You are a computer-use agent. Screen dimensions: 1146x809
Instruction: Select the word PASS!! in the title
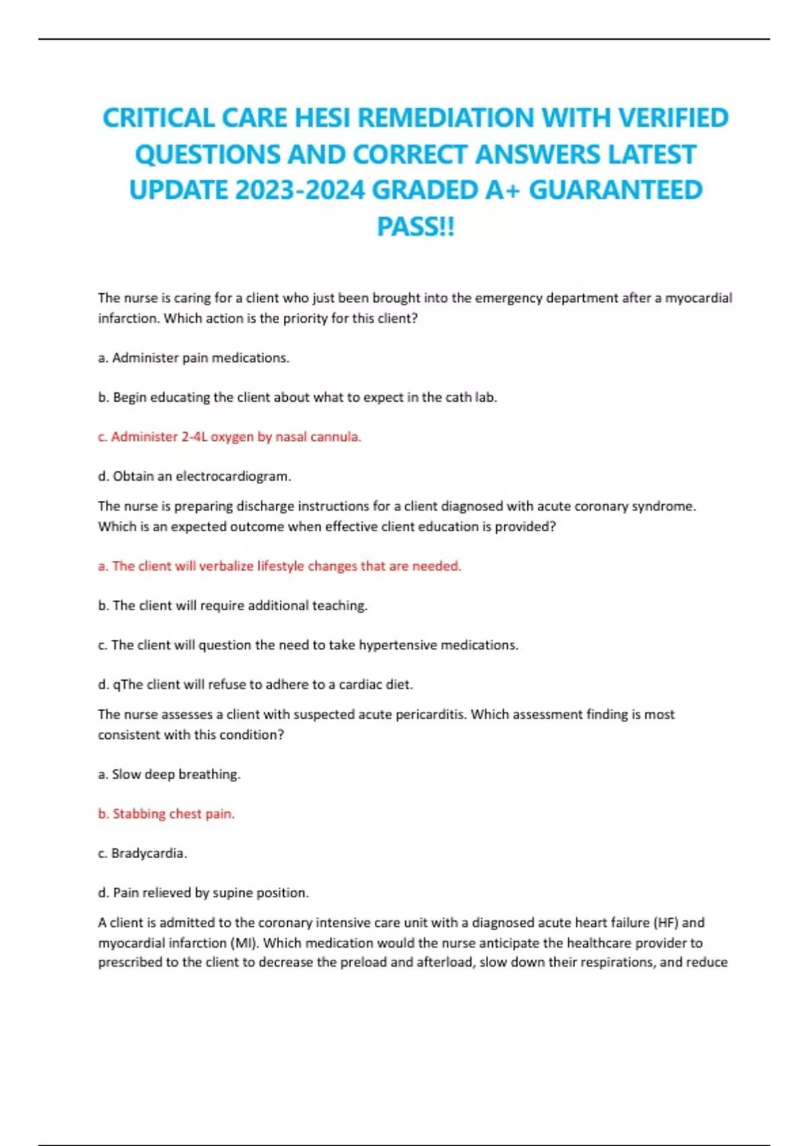coord(416,227)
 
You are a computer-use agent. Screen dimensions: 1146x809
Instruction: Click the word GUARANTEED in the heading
coord(615,190)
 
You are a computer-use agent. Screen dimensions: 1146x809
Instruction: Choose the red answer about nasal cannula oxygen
coord(229,437)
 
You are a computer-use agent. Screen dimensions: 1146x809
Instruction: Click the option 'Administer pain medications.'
coord(193,358)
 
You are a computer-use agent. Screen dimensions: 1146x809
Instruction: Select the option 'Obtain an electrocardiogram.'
coord(194,477)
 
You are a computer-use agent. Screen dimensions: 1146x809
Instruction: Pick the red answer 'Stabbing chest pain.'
coord(167,814)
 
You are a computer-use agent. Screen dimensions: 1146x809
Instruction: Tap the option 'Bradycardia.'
coord(142,853)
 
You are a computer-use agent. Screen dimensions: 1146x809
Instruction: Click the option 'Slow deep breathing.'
coord(169,775)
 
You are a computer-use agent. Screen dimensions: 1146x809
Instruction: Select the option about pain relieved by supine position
coord(203,893)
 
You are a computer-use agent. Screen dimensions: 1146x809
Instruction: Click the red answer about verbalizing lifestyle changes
coord(280,566)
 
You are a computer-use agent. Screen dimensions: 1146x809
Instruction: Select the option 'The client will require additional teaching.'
coord(233,606)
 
